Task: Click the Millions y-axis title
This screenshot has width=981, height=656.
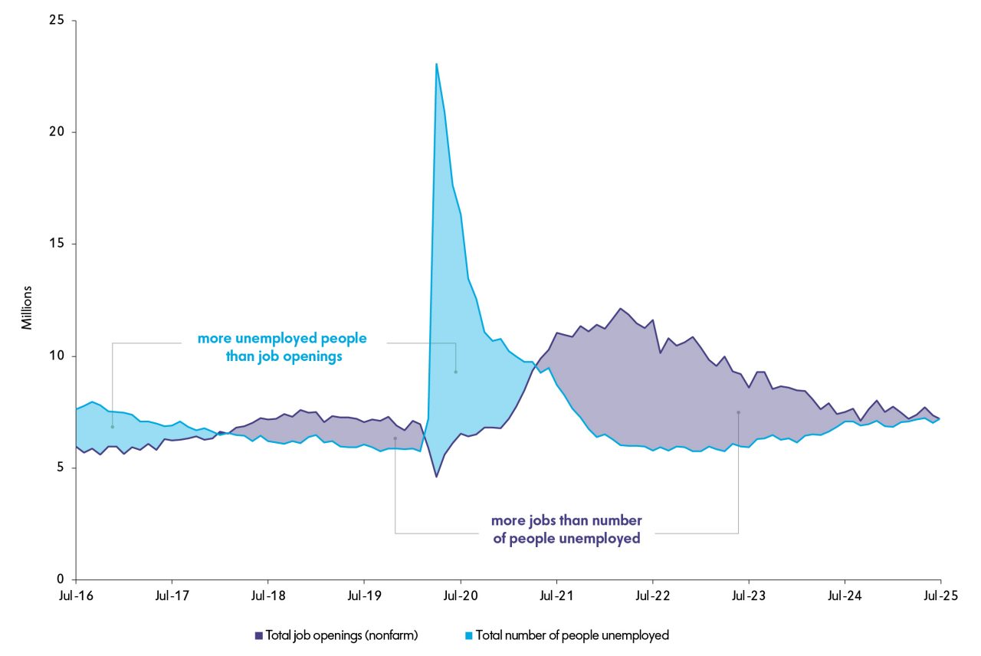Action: [28, 307]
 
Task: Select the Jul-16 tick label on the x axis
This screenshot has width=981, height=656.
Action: [77, 595]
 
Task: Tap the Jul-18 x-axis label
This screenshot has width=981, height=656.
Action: [268, 595]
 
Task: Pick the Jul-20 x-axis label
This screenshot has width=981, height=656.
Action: [460, 595]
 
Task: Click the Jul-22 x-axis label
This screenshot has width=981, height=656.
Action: [652, 595]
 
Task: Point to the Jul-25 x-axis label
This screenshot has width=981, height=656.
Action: [940, 595]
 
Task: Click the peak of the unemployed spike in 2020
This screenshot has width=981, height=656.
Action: [436, 64]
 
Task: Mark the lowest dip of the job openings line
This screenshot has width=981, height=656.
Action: [436, 477]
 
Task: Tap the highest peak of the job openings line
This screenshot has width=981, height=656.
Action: [620, 308]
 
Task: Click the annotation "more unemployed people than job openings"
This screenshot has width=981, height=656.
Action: [282, 347]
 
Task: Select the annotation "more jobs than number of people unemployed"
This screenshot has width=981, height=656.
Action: [566, 530]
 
